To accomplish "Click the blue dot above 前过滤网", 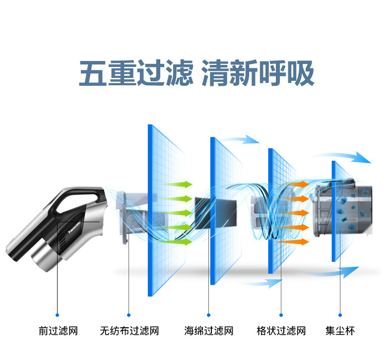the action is [58, 314].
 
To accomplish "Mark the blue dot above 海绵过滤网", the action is [208, 314].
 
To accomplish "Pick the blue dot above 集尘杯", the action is [340, 314].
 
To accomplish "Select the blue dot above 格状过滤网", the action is [281, 314].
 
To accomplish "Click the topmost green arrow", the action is [181, 185].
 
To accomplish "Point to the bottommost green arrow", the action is [181, 242].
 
